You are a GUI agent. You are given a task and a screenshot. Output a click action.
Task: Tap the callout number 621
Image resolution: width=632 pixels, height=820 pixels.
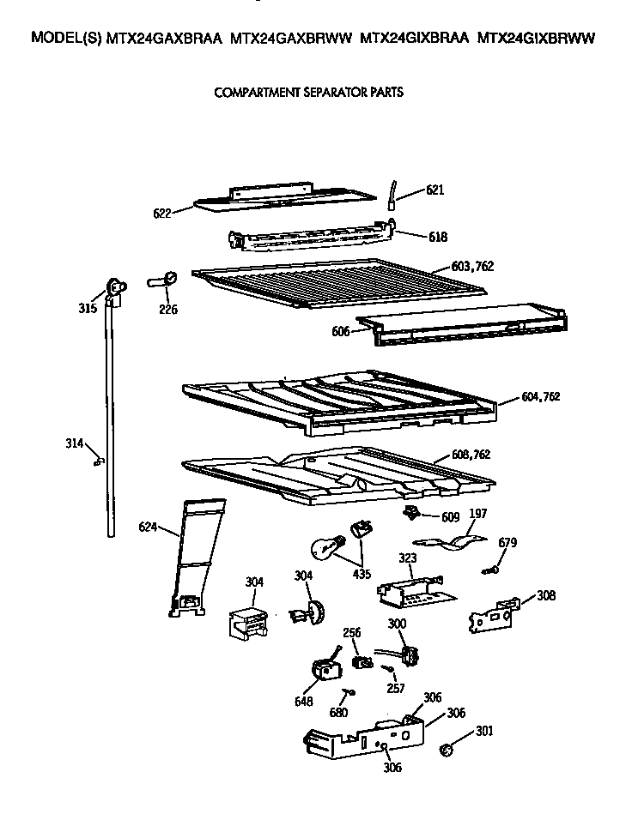click(435, 190)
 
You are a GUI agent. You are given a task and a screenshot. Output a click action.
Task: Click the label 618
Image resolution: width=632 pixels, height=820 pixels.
click(437, 236)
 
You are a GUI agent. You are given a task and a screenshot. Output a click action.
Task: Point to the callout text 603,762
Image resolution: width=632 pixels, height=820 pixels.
click(472, 266)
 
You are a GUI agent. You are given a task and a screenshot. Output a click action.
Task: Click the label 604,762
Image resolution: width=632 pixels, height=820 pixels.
click(540, 396)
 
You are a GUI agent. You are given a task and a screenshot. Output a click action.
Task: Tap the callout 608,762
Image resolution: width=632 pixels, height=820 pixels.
click(471, 455)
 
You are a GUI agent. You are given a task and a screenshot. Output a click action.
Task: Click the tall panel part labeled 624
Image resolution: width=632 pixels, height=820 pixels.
click(196, 558)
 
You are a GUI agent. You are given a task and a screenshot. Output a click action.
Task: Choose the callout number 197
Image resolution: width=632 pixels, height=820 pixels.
click(477, 515)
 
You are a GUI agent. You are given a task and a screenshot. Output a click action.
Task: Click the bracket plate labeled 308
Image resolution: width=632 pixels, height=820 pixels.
click(495, 612)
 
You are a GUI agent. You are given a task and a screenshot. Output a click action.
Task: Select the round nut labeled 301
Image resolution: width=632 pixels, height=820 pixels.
click(446, 751)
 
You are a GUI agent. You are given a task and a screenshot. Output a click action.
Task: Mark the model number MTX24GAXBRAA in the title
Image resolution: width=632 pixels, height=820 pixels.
click(164, 39)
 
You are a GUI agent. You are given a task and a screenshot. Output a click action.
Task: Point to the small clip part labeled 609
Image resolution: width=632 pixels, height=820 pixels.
click(410, 513)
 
